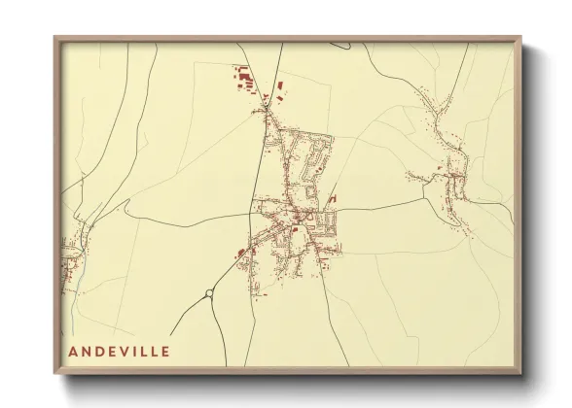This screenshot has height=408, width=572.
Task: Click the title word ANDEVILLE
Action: tap(120, 351)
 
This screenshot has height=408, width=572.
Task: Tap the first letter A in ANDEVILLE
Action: tap(73, 351)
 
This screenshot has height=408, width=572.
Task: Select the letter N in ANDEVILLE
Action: tap(87, 351)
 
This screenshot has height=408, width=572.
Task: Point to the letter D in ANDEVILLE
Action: tap(99, 351)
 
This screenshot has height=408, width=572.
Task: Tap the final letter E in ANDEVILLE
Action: tap(166, 351)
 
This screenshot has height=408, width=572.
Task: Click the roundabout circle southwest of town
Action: tap(209, 292)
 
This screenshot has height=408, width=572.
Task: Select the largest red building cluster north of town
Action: tap(243, 75)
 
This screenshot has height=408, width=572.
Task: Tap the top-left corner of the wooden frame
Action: tap(55, 39)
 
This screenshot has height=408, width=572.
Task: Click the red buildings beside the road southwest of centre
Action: tap(240, 255)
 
